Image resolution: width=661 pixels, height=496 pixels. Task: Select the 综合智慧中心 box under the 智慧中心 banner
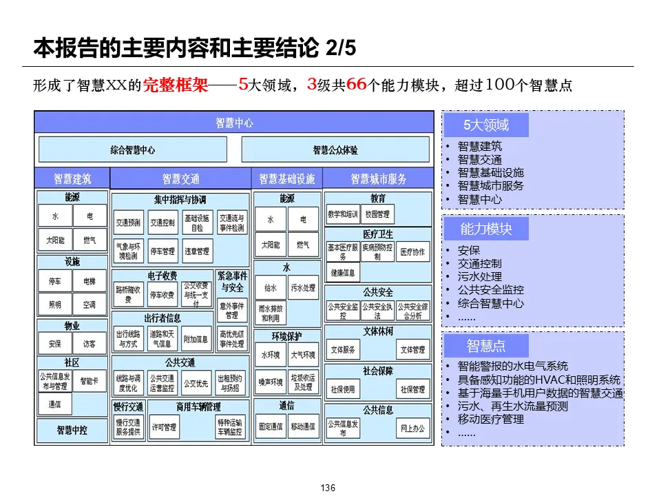click(x=133, y=149)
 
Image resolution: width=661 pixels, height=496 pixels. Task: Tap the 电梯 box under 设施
click(x=90, y=282)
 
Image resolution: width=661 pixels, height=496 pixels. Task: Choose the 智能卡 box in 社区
click(x=90, y=381)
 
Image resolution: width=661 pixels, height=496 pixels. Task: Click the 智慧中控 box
click(x=72, y=431)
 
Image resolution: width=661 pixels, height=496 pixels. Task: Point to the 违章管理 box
click(x=196, y=251)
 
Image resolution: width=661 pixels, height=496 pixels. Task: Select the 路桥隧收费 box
click(x=129, y=295)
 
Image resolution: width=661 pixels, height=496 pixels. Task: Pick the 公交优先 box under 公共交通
click(x=196, y=382)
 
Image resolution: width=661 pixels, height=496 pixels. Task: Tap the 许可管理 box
click(x=164, y=427)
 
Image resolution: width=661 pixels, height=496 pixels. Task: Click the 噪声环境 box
click(x=271, y=382)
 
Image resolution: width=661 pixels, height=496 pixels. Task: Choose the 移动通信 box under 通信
click(x=303, y=426)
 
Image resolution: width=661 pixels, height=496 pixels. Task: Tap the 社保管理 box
click(x=413, y=389)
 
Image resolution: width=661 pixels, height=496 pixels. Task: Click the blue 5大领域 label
click(x=486, y=125)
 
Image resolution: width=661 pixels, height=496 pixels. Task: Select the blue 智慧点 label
click(x=487, y=345)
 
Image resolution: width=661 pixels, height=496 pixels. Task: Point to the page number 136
click(x=328, y=488)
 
